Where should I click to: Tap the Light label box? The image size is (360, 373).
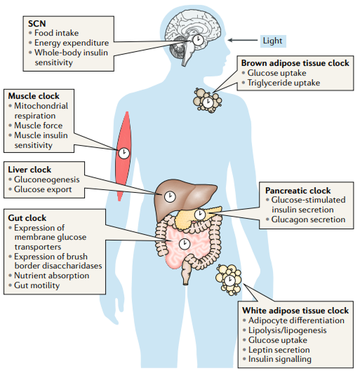click(x=273, y=41)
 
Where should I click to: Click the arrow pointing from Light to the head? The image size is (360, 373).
click(x=242, y=40)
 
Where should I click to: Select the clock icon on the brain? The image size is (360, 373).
click(x=198, y=40)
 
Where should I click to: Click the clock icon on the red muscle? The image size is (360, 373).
click(x=124, y=154)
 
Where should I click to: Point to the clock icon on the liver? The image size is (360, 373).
click(x=170, y=197)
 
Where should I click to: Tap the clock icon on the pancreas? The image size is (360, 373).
click(x=200, y=215)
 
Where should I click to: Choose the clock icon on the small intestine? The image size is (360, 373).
click(x=185, y=244)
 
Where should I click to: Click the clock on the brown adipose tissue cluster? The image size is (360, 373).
click(x=208, y=102)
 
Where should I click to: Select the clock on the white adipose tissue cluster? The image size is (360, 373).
click(x=229, y=280)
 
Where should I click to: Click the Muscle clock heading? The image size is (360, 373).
click(x=34, y=96)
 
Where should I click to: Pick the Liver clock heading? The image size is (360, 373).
click(x=29, y=170)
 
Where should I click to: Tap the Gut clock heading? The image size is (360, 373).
click(x=27, y=218)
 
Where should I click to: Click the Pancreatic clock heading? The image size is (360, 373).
click(x=298, y=191)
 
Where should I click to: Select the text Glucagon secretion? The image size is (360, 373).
click(x=308, y=219)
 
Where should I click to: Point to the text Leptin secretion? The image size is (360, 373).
click(x=279, y=350)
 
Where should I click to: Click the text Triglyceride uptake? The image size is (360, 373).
click(x=284, y=83)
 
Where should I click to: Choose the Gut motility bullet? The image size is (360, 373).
click(x=36, y=285)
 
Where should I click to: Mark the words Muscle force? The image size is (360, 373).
click(x=39, y=126)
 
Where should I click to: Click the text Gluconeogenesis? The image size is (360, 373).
click(x=46, y=179)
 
